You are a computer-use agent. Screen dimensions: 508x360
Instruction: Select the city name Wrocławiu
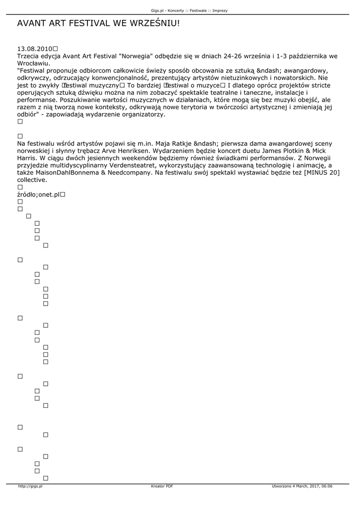click(33, 63)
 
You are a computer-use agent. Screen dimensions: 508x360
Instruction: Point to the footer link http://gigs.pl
click(30, 486)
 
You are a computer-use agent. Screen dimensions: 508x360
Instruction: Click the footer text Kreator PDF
click(162, 486)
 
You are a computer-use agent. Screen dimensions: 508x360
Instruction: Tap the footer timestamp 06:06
click(326, 486)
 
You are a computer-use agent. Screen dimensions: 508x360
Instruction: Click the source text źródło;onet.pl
click(38, 194)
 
